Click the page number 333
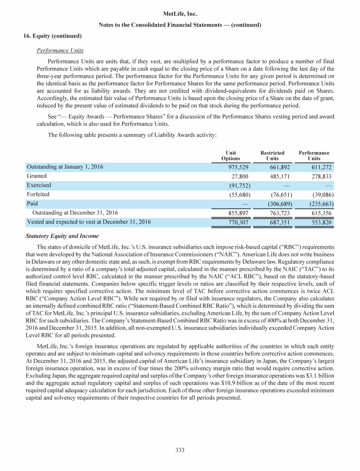click(180, 450)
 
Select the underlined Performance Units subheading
click(64, 49)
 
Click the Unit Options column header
click(231, 156)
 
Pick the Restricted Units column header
click(272, 156)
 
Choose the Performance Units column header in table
click(314, 156)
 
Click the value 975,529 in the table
click(236, 167)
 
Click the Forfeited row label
click(38, 194)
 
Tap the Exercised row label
click(39, 185)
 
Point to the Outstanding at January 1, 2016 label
click(65, 167)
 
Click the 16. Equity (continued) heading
click(52, 36)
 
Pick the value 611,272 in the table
click(319, 167)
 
